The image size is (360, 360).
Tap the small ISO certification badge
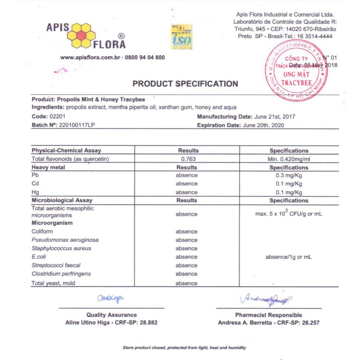[x=181, y=37]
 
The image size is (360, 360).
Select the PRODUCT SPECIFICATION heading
[x=185, y=84]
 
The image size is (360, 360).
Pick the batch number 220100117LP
[x=78, y=125]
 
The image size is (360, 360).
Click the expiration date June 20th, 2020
[x=263, y=125]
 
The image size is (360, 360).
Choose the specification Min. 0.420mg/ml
[x=288, y=159]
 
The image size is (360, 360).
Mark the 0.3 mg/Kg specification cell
[x=288, y=175]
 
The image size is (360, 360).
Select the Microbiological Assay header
[x=62, y=201]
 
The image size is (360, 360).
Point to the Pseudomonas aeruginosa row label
[x=65, y=240]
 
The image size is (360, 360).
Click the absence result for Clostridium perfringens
[x=187, y=274]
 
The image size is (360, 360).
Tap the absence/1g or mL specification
[x=288, y=257]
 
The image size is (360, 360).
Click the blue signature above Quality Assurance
[x=110, y=300]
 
